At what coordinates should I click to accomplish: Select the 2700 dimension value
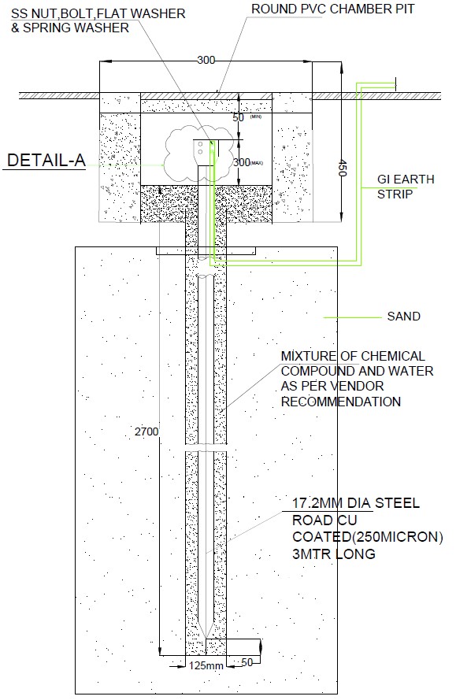pos(146,431)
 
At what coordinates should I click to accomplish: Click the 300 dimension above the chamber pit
pos(206,60)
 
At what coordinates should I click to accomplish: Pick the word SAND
pos(403,317)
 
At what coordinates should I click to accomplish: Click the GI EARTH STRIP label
pos(405,186)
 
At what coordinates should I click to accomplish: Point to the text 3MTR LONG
pos(333,554)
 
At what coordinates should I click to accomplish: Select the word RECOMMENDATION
pos(341,402)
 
